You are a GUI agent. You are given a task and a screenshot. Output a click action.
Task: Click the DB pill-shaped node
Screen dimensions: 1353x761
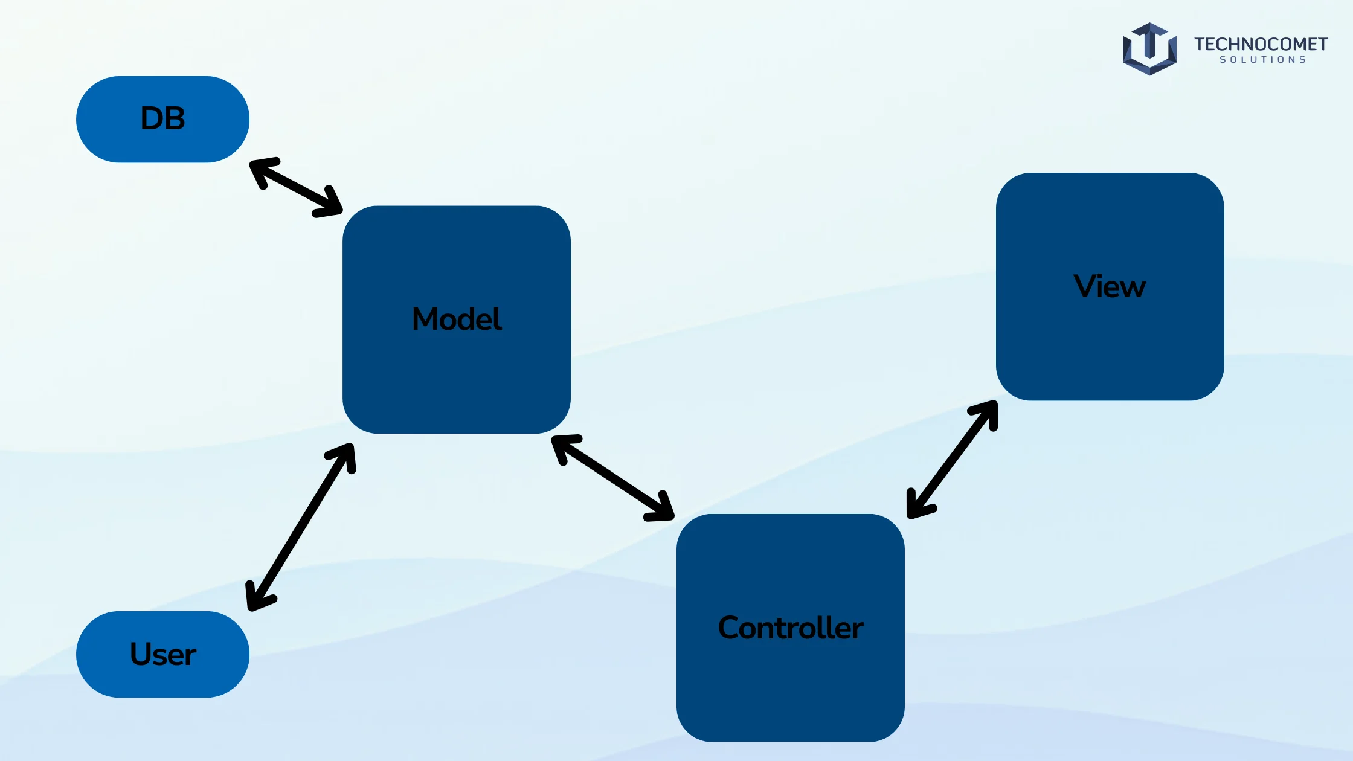coord(162,119)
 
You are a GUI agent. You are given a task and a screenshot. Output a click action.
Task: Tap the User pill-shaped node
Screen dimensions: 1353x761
coord(162,654)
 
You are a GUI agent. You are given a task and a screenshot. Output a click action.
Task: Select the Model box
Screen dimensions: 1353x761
coord(457,319)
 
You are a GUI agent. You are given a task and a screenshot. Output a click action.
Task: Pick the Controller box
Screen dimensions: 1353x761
coord(791,628)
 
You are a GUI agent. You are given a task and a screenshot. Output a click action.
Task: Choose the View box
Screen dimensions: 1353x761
coord(1110,286)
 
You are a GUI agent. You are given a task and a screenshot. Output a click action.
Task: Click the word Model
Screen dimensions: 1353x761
coord(457,318)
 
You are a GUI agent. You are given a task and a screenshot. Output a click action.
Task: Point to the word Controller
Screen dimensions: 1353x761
coord(791,628)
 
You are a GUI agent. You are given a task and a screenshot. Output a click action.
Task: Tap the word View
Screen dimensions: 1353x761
coord(1110,286)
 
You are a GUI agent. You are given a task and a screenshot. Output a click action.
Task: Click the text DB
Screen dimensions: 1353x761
coord(162,118)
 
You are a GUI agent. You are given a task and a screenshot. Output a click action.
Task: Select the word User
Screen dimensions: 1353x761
coord(163,654)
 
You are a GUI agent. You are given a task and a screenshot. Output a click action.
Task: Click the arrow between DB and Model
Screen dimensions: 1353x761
coord(296,187)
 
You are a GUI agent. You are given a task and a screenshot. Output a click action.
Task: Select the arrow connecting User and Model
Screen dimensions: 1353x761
coord(300,527)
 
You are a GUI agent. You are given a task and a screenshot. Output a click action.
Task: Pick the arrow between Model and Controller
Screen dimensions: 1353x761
coord(612,477)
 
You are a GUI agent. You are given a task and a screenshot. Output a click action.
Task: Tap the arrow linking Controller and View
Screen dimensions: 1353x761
coord(952,459)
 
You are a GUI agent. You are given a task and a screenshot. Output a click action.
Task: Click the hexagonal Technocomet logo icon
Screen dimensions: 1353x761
coord(1149,49)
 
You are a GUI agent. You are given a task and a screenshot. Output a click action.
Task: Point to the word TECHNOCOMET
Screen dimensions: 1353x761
coord(1261,44)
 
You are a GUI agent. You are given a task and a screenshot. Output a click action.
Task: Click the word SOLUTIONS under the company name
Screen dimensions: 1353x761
coord(1263,60)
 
